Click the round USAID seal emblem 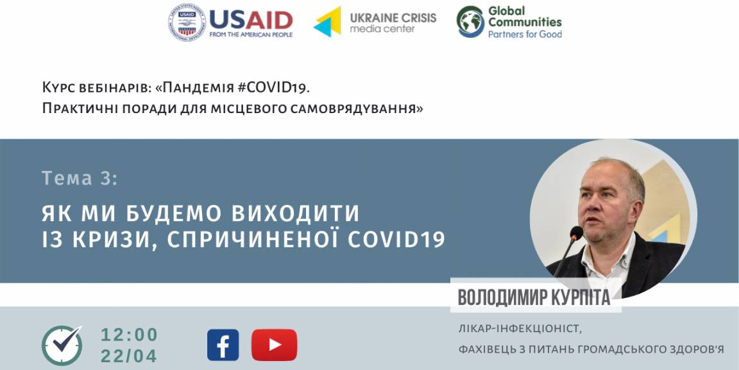(x=187, y=22)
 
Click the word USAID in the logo (x=251, y=20)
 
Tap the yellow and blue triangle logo (x=327, y=22)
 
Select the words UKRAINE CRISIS (x=393, y=18)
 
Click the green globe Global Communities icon (x=470, y=22)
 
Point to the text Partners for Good (x=525, y=34)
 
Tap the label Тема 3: (x=80, y=179)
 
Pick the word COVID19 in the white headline (x=396, y=240)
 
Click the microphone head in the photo (x=576, y=233)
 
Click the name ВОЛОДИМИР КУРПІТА (x=534, y=298)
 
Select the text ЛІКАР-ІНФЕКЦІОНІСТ (x=517, y=328)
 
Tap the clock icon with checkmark (x=62, y=345)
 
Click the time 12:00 (x=129, y=335)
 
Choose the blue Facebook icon (x=223, y=345)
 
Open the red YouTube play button (x=275, y=345)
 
